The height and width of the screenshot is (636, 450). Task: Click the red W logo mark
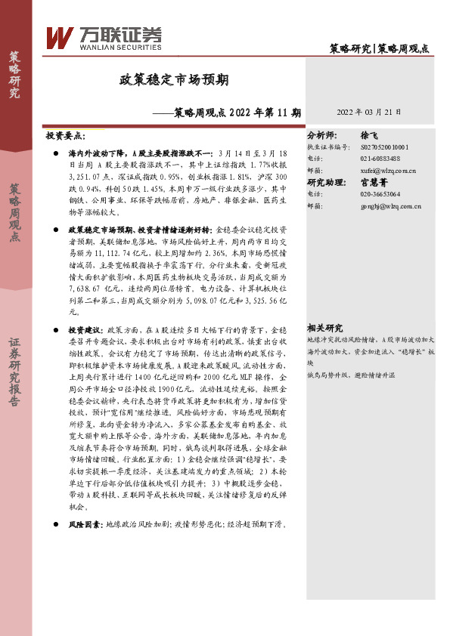coord(60,39)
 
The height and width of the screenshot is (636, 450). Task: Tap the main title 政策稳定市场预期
coord(175,79)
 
